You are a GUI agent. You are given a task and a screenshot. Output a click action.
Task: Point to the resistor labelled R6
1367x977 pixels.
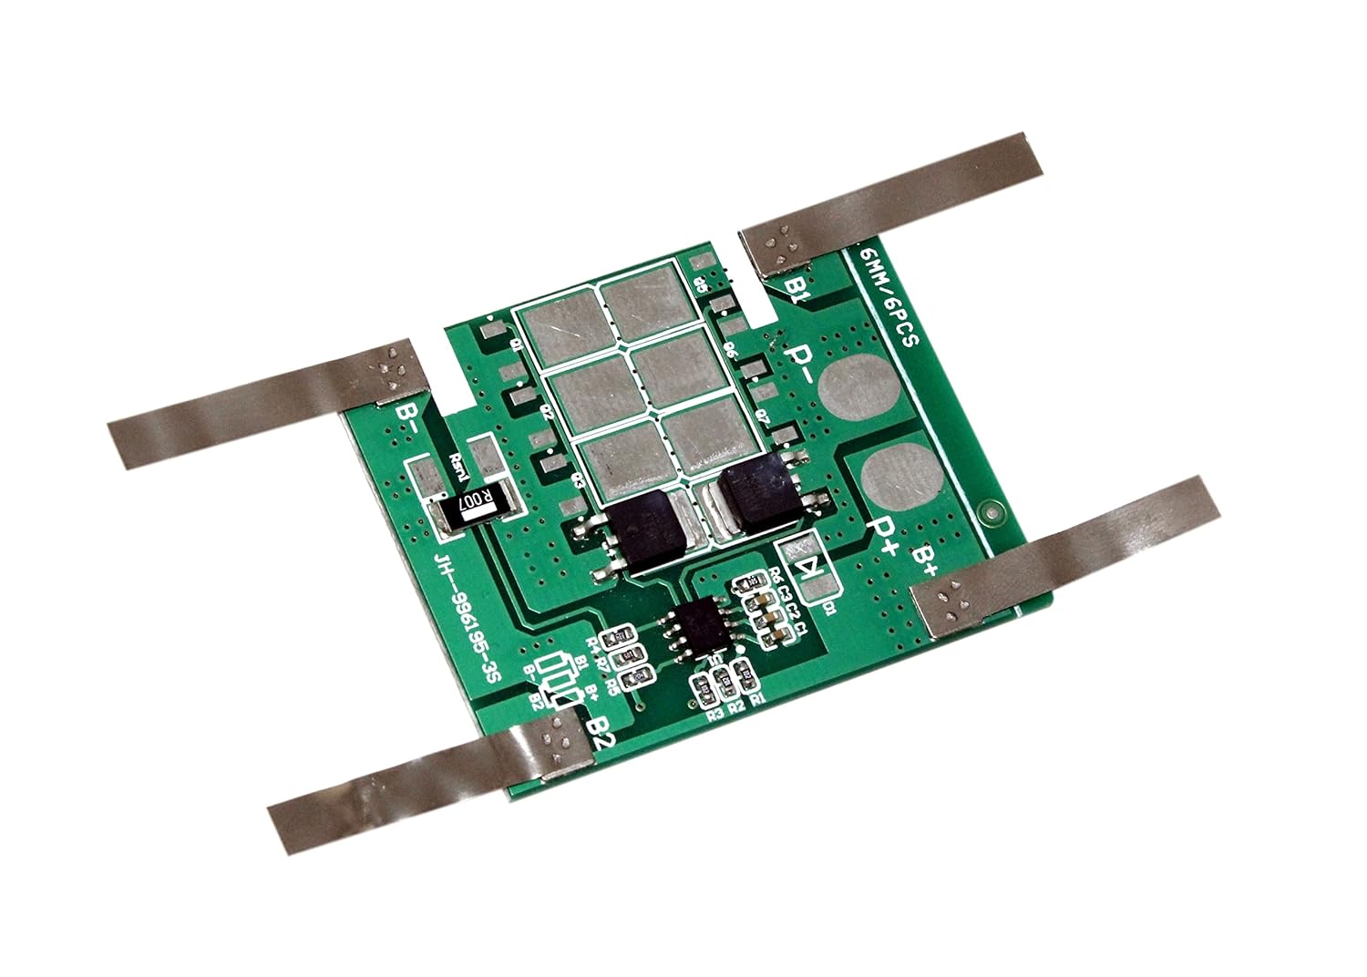(x=753, y=582)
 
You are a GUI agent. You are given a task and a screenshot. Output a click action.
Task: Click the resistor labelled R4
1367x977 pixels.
(x=625, y=639)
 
